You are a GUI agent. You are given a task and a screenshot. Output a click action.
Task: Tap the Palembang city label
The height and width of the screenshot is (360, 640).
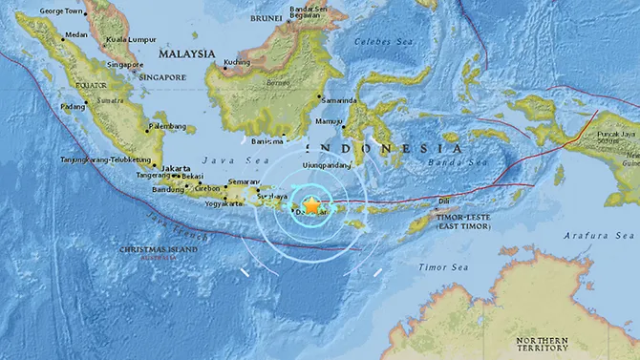[169, 125]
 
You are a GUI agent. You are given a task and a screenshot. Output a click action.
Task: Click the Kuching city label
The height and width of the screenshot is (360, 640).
[236, 63]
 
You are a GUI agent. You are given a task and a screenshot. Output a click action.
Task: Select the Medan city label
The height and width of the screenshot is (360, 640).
[75, 36]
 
